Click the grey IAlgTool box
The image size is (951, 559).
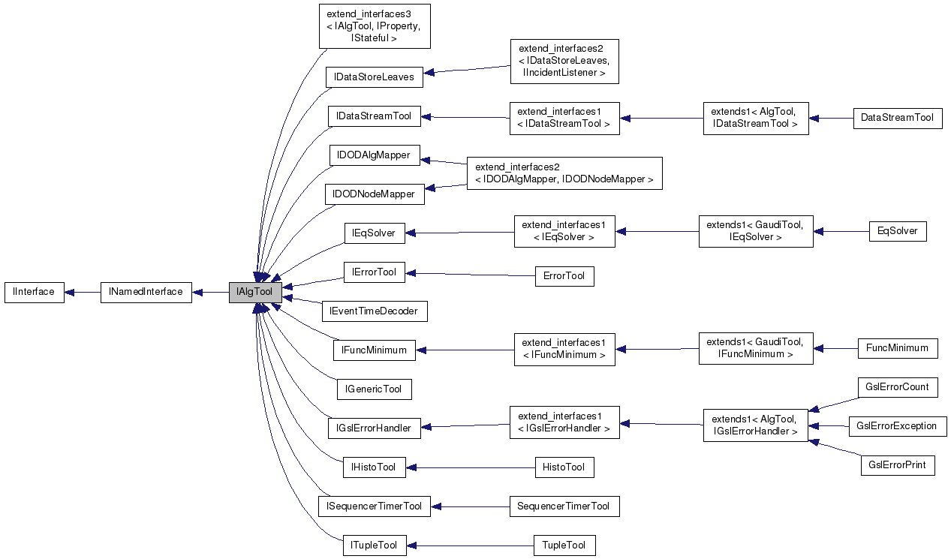click(255, 292)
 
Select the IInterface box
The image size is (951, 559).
click(34, 292)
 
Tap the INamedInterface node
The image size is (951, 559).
click(146, 292)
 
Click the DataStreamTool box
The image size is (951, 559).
click(897, 118)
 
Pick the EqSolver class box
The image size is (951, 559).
click(897, 231)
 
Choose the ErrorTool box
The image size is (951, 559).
click(564, 276)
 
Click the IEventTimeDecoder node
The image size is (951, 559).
click(375, 310)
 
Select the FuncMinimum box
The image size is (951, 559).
click(897, 348)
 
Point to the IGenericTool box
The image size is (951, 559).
click(374, 389)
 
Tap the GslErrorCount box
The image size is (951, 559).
click(897, 387)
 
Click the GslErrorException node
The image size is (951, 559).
click(897, 426)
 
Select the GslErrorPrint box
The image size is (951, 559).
click(897, 464)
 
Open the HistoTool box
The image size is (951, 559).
click(564, 467)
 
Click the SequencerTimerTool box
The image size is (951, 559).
click(564, 506)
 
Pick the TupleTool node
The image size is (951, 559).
click(564, 545)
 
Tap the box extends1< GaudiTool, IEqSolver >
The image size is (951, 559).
click(755, 231)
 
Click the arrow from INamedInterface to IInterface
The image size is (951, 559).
click(82, 292)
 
